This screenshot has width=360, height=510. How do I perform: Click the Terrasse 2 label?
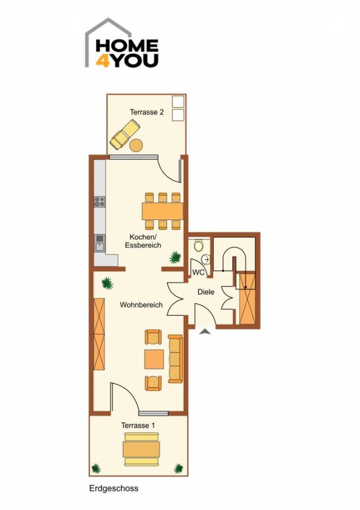click(146, 112)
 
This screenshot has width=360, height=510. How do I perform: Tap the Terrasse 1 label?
click(138, 424)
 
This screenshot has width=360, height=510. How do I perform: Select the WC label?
click(198, 272)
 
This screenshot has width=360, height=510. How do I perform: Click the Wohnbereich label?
click(141, 305)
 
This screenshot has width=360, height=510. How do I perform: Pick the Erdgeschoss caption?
click(113, 488)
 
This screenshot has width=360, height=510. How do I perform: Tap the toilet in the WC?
click(198, 245)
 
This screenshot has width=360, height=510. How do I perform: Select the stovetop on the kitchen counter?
click(100, 201)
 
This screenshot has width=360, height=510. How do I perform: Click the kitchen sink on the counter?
click(100, 243)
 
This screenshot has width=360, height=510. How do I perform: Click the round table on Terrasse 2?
click(136, 145)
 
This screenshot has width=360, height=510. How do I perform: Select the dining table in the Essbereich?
click(163, 211)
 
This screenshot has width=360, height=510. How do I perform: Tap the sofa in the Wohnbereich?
click(175, 358)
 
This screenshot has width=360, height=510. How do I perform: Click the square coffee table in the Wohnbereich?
click(154, 359)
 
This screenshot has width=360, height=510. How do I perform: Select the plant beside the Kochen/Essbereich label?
click(175, 258)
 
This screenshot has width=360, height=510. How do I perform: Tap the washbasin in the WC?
click(205, 260)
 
